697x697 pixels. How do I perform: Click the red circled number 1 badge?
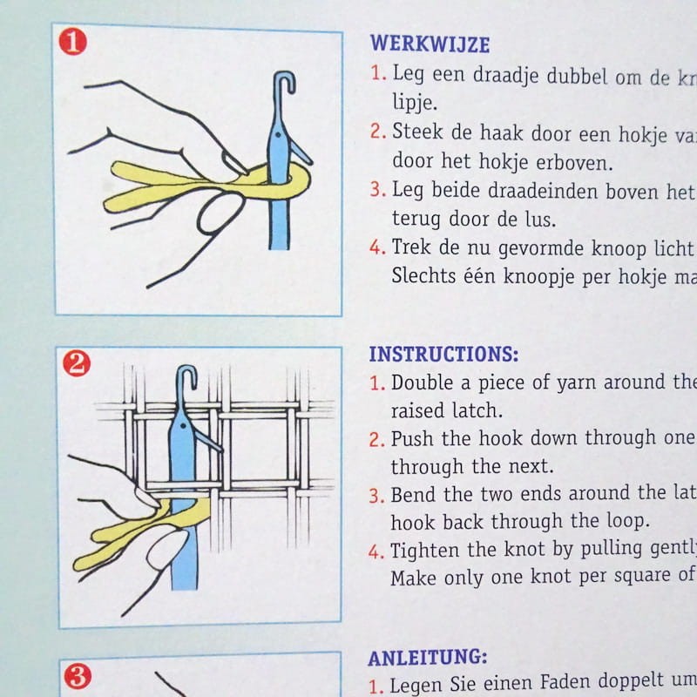pos(72,42)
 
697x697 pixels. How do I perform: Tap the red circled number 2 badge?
pos(77,363)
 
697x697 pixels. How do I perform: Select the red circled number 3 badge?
pos(78,677)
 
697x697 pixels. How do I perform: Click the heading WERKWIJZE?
pos(430,44)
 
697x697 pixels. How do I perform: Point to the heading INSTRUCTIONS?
pos(443,355)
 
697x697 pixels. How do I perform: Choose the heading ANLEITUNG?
pos(428,658)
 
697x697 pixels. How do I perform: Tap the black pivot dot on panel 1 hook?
pos(278,134)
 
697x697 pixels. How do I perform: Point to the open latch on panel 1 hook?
pos(301,152)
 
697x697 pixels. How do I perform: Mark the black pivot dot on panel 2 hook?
pos(183,427)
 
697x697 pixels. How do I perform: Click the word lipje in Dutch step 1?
pos(415,103)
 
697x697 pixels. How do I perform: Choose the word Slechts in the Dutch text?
pos(423,275)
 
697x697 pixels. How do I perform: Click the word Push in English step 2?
pos(412,439)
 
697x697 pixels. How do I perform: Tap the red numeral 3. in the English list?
pos(376,495)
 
